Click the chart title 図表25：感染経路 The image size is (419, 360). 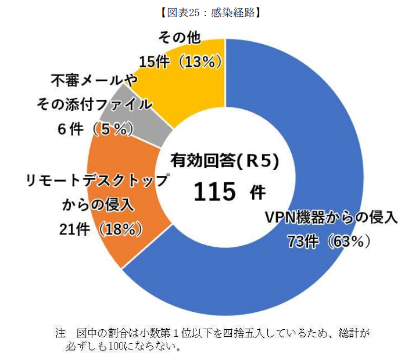pos(210,13)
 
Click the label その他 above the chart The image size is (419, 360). pos(180,37)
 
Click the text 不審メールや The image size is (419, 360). pos(94,80)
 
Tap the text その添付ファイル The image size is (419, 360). pos(94,104)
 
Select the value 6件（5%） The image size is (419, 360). pos(95,129)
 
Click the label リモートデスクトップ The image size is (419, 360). pos(98,180)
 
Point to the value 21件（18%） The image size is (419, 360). pos(101,229)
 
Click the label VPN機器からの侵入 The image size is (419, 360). pos(331,217)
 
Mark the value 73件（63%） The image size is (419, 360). pos(330,242)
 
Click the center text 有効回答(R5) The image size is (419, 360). pos(225,161)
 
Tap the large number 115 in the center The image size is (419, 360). pos(214,192)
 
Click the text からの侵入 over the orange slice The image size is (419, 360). pos(98,205)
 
